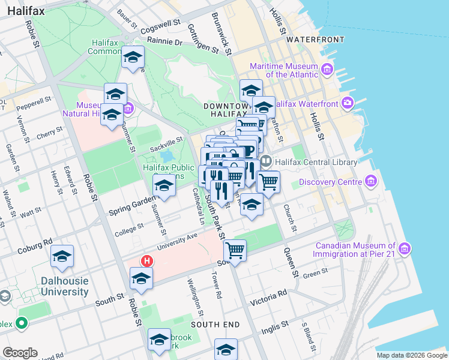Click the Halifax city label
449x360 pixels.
coord(24,11)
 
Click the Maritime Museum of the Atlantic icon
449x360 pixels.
coord(327,70)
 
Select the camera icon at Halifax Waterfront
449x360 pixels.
coord(348,104)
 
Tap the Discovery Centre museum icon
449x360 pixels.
coord(371,182)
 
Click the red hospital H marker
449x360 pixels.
coord(146,261)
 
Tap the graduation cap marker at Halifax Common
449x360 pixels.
coord(133,58)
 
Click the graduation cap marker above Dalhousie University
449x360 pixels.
coord(62,256)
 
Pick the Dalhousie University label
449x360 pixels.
coord(64,286)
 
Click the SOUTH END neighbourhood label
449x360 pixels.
coord(215,325)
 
